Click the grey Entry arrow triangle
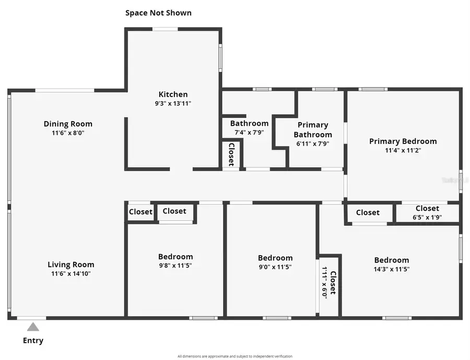tap(33, 327)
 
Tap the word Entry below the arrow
tap(33, 341)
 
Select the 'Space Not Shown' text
tap(158, 13)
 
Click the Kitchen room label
tap(173, 94)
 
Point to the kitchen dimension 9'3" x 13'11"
tap(173, 103)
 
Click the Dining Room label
tap(68, 124)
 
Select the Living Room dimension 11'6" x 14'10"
tap(71, 273)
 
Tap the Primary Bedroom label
tap(403, 141)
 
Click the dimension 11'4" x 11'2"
tap(403, 150)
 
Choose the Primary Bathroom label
tap(313, 129)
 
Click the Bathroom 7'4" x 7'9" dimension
tap(249, 132)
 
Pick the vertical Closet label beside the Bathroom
tap(231, 154)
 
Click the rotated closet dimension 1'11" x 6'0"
tap(324, 282)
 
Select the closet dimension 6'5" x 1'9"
tap(427, 218)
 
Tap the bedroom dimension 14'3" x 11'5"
tap(391, 269)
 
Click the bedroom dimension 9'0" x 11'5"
tap(275, 267)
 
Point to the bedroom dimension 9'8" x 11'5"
tap(175, 266)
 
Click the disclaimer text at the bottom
tap(234, 356)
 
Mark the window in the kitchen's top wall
tap(165, 29)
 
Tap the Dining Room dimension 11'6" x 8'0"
tap(68, 133)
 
